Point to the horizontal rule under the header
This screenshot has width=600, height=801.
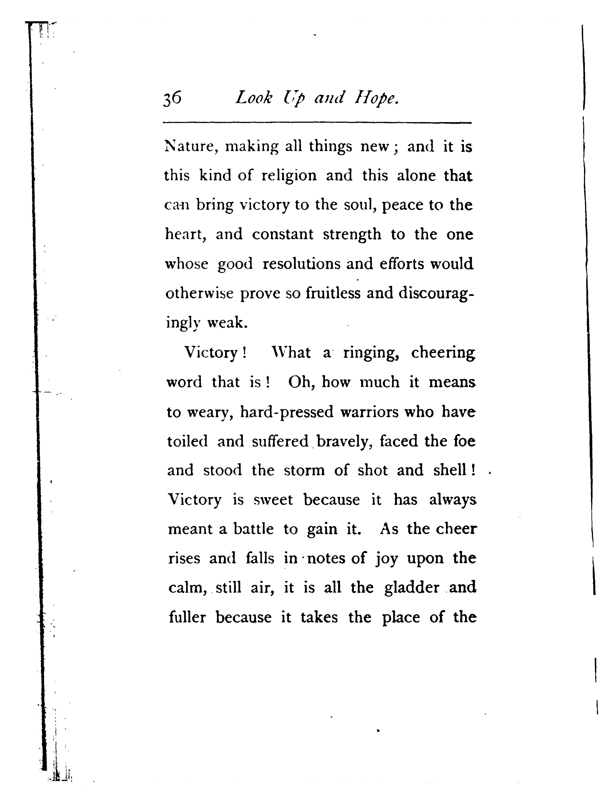point(317,123)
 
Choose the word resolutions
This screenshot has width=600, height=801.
point(301,264)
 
